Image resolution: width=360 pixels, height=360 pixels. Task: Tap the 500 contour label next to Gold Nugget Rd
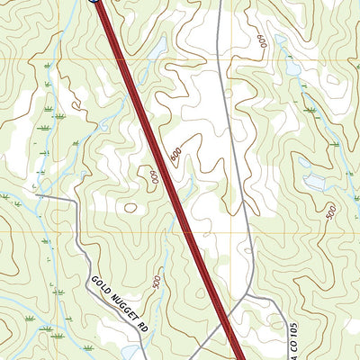[x=157, y=283]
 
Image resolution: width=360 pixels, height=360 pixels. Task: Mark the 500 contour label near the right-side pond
[x=330, y=212]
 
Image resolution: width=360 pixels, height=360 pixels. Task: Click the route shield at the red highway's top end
[x=94, y=2]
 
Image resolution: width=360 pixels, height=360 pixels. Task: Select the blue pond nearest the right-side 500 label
[x=314, y=183]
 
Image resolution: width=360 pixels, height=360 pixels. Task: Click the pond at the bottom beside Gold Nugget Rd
[x=131, y=351]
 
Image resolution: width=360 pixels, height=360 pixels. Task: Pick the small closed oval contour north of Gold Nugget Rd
[x=130, y=208]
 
